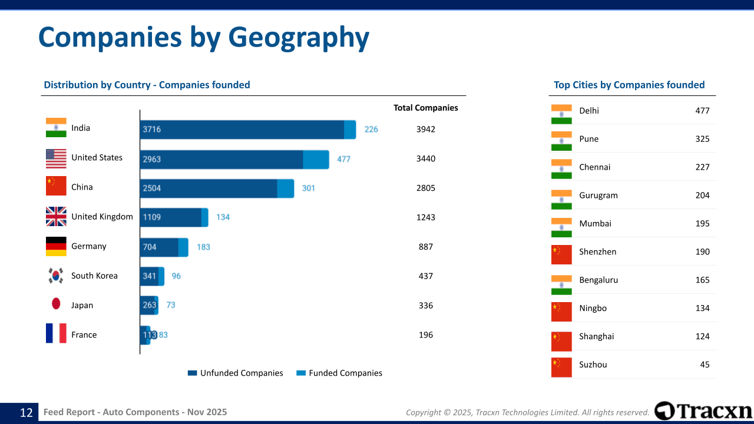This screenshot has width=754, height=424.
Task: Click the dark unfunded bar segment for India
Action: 242,130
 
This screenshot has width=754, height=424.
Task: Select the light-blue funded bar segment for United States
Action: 316,159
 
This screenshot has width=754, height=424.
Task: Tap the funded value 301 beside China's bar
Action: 309,188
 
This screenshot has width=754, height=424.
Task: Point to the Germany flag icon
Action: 56,246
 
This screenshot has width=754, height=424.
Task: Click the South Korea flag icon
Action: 56,276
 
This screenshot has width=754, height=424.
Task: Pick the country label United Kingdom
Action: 102,217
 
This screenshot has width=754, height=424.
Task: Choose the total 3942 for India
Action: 425,129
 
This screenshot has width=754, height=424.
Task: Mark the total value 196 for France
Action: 425,335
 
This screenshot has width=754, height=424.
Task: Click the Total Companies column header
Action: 425,108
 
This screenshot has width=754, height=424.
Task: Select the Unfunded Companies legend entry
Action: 235,373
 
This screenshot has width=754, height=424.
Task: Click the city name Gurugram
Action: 598,196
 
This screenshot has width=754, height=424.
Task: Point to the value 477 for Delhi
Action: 702,111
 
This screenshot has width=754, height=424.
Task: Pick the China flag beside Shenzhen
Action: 561,252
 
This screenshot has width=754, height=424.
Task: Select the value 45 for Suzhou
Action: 705,365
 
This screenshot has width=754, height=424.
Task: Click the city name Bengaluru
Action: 598,280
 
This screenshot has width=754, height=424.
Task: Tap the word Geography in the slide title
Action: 299,37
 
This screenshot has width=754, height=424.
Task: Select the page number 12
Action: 26,413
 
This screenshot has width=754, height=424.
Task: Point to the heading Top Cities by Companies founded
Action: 629,85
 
